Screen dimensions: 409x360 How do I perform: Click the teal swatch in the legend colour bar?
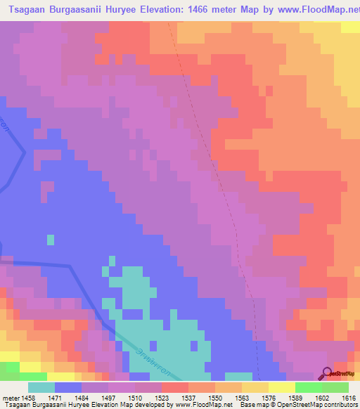pyautogui.click(x=41, y=387)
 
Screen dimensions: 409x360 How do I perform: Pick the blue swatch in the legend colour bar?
pyautogui.click(x=68, y=387)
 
